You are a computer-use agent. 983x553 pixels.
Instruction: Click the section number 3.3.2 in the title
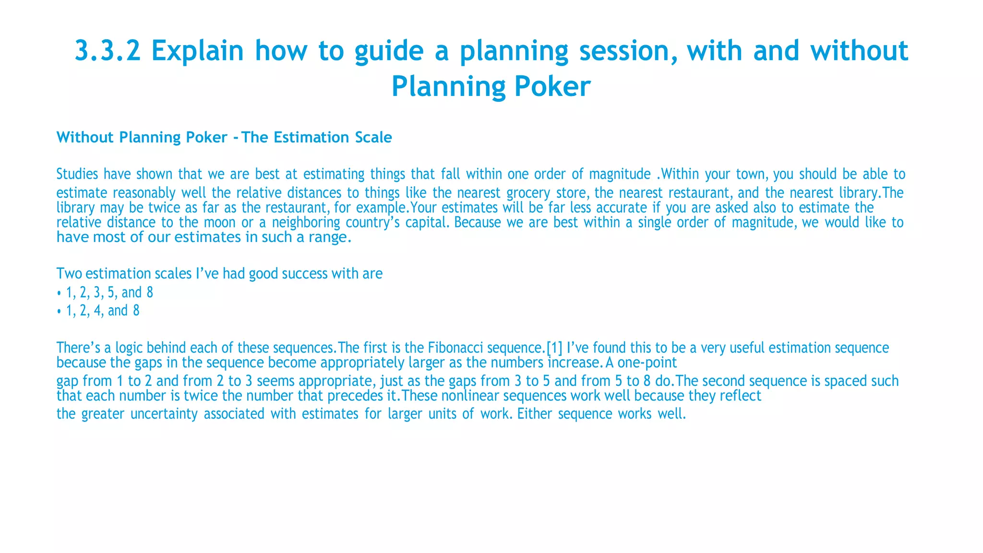point(108,51)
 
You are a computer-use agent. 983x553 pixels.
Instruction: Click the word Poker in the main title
point(551,87)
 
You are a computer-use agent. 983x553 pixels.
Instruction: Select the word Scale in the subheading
point(373,137)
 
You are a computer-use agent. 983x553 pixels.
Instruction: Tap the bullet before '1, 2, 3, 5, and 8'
point(59,293)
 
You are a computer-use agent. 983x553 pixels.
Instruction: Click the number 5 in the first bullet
point(111,292)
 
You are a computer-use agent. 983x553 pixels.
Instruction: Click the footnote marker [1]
point(554,348)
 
